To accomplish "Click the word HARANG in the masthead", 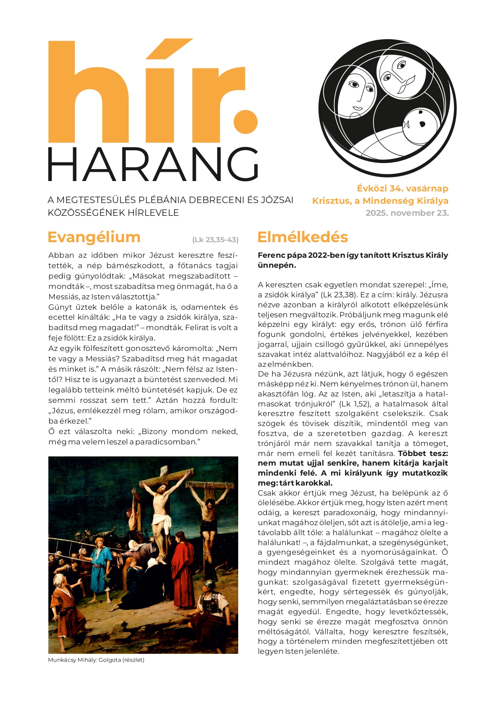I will tap(153, 164).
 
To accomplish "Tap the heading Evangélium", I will tap(94, 237).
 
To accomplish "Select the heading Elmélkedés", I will tap(303, 237).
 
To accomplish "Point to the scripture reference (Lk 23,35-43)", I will tap(215, 240).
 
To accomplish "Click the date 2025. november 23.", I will tap(407, 213).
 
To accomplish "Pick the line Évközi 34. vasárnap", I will tap(402, 188).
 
